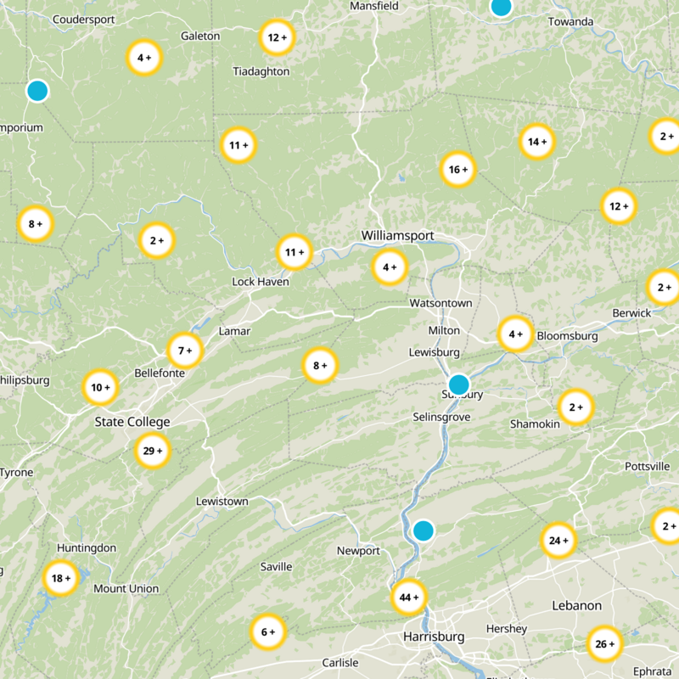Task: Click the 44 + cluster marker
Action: coord(408,598)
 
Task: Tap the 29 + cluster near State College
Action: coord(153,451)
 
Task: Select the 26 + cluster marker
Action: coord(605,643)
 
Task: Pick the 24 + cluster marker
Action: coord(558,541)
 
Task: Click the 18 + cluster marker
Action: coord(61,579)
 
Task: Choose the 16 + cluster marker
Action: coord(457,170)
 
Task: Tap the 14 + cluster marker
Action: coord(536,142)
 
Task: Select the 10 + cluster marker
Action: coord(100,388)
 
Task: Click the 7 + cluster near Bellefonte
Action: coord(184,350)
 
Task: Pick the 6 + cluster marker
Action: coord(268,631)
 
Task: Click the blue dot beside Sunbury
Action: coord(458,384)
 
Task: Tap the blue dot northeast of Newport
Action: coord(423,531)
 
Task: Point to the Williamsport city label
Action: coord(397,235)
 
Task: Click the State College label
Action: coord(132,422)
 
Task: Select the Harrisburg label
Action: coord(434,637)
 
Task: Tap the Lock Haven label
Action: coord(261,282)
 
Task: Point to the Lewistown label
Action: coord(222,502)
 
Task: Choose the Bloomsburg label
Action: coord(567,336)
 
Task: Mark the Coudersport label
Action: coord(83,20)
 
